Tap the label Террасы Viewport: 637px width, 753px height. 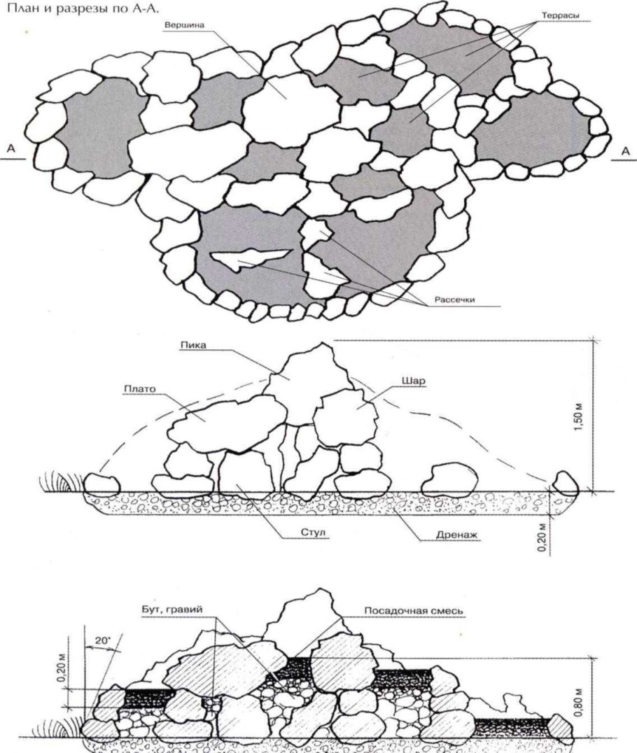[x=560, y=16]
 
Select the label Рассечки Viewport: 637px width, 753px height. [x=454, y=300]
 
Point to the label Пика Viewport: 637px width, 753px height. [x=194, y=345]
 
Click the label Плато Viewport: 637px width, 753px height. [x=140, y=388]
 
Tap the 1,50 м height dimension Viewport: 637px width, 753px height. [x=579, y=417]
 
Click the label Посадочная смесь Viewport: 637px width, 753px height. [x=413, y=611]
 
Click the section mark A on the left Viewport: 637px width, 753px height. [x=10, y=149]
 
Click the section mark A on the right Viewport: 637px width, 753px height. [x=625, y=151]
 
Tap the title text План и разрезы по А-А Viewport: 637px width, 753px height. [x=82, y=9]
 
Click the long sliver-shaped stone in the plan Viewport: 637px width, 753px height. [x=250, y=258]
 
